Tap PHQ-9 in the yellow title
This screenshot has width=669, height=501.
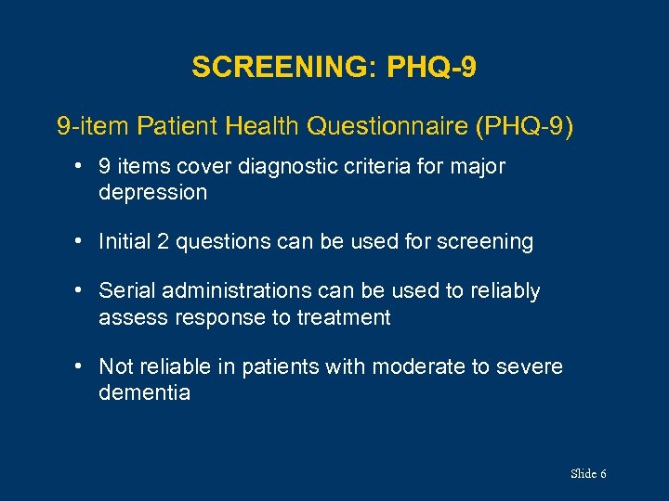(x=433, y=68)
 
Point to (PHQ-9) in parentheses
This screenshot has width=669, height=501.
(x=525, y=125)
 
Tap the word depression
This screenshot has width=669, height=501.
(x=152, y=193)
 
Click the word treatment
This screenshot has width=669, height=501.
(x=343, y=317)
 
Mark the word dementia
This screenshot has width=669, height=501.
(x=144, y=392)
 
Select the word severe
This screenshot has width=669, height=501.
(x=531, y=366)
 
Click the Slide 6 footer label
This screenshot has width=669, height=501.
(x=588, y=474)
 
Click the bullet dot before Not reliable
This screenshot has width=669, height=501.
(x=82, y=366)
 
